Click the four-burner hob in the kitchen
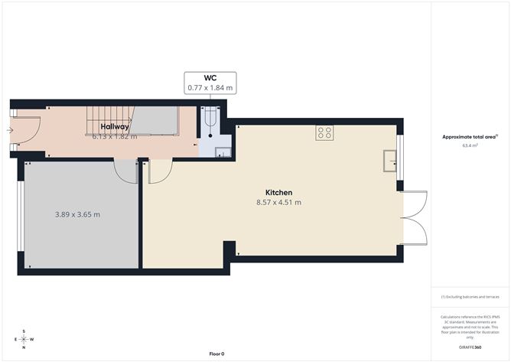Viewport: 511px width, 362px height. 325,133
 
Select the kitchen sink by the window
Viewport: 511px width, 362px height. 389,158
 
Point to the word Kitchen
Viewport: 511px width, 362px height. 278,192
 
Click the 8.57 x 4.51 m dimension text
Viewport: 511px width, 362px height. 278,203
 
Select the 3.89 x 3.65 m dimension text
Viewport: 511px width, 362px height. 76,214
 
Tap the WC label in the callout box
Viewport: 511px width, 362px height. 210,78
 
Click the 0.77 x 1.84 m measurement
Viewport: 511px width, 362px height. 210,89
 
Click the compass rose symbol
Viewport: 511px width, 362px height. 24,339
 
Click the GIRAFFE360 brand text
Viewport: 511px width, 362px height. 470,347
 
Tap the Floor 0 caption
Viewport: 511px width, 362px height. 217,354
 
